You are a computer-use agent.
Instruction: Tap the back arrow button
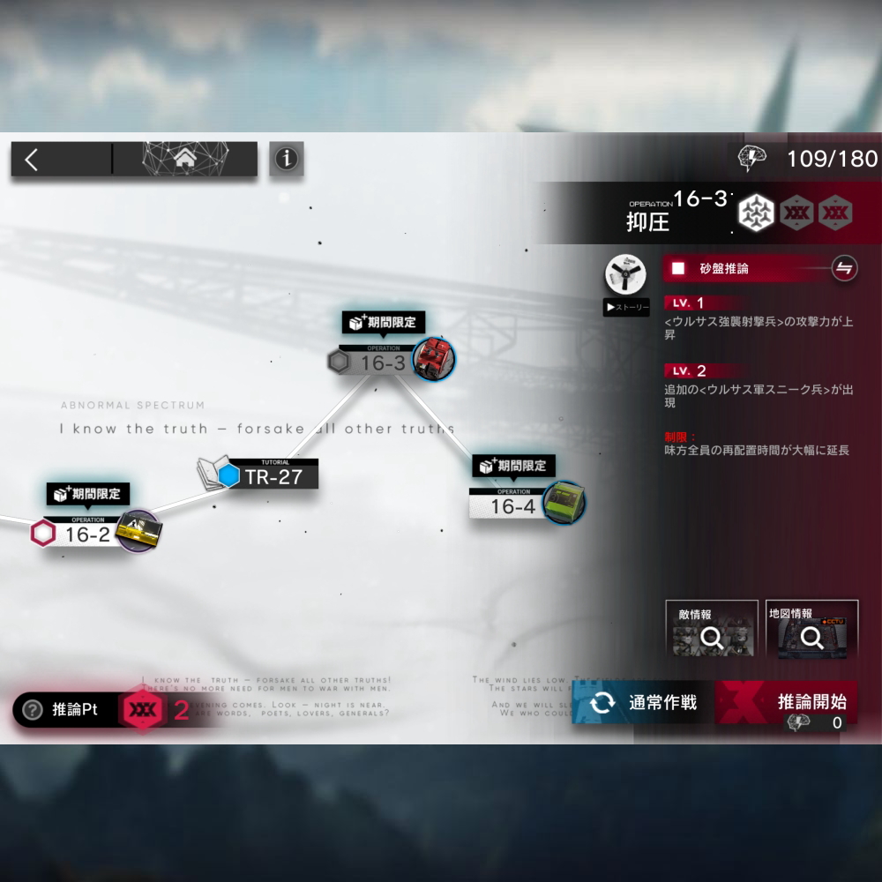(33, 160)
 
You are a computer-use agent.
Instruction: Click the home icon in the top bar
(185, 159)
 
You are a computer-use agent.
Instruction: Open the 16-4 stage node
(512, 505)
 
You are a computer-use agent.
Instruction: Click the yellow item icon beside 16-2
(138, 530)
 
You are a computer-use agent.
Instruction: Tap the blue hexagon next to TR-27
(229, 476)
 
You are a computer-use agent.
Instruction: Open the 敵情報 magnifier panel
(711, 630)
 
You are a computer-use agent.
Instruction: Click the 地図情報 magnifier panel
(811, 630)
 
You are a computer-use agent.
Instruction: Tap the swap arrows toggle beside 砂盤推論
(844, 268)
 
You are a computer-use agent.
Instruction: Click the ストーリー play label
(626, 308)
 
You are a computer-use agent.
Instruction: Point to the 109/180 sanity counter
(832, 159)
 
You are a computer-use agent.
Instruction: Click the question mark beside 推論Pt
(33, 710)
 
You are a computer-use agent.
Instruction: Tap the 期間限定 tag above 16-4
(515, 466)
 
